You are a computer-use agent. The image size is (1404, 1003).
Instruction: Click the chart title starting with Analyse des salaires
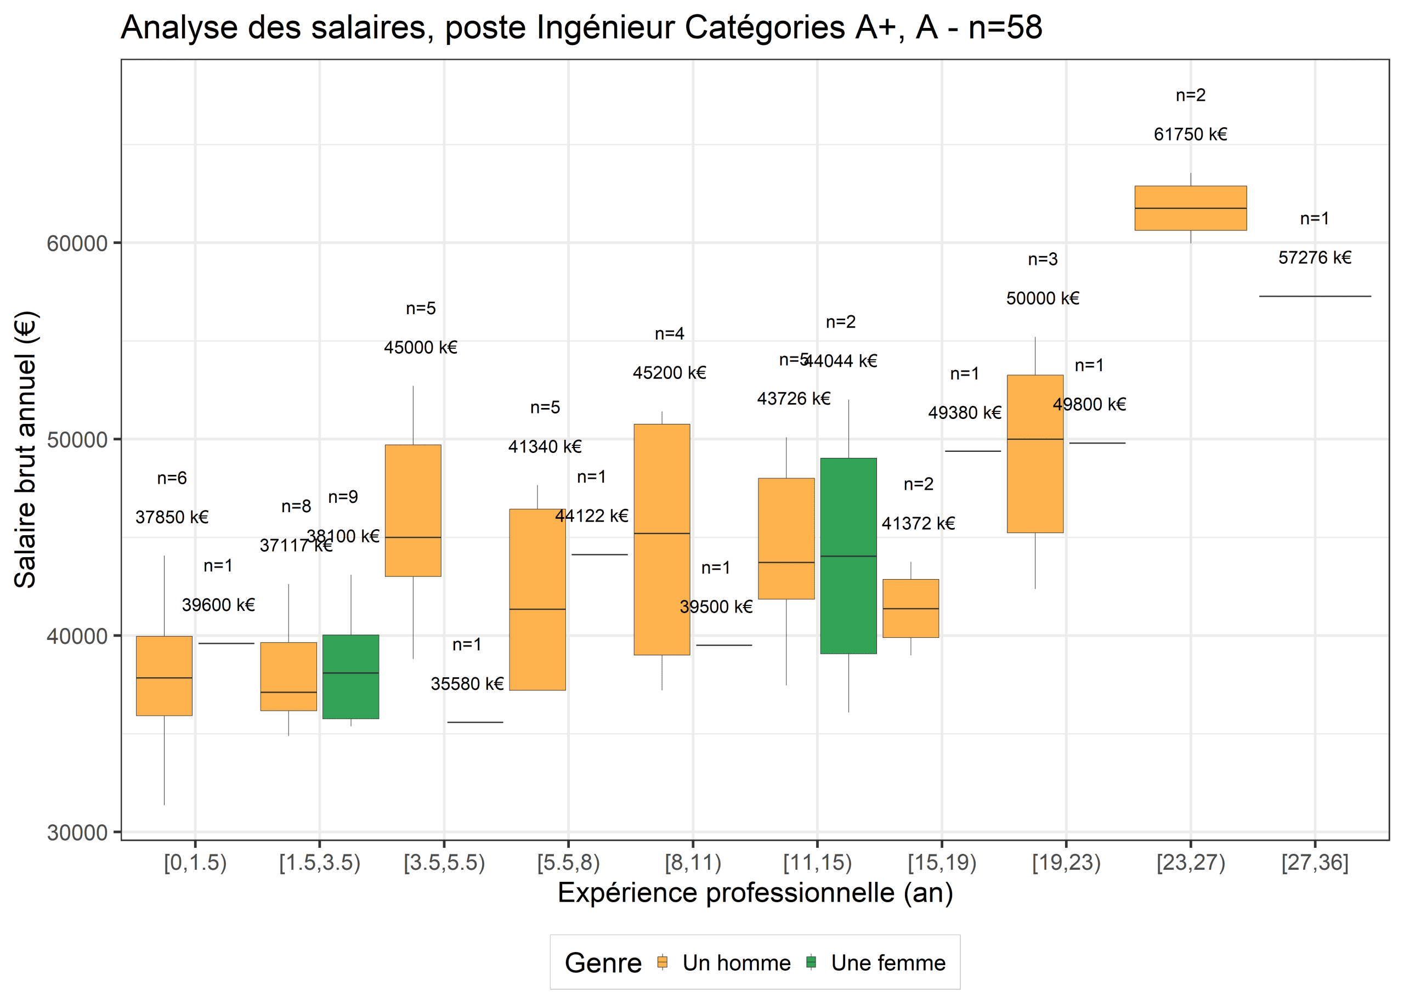tap(581, 28)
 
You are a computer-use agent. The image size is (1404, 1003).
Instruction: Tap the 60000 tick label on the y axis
tap(77, 243)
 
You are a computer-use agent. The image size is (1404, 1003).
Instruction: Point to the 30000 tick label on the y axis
tap(77, 832)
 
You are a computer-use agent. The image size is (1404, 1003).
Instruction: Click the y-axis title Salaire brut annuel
tap(26, 449)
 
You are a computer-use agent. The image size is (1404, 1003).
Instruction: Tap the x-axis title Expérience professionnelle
tap(755, 893)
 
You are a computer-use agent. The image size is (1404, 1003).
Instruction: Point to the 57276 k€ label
tap(1315, 258)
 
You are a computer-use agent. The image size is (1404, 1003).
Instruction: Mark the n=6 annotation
tap(172, 478)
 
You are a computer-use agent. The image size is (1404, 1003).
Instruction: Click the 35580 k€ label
tap(467, 684)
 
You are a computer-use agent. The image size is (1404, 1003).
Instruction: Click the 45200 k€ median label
tap(669, 373)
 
